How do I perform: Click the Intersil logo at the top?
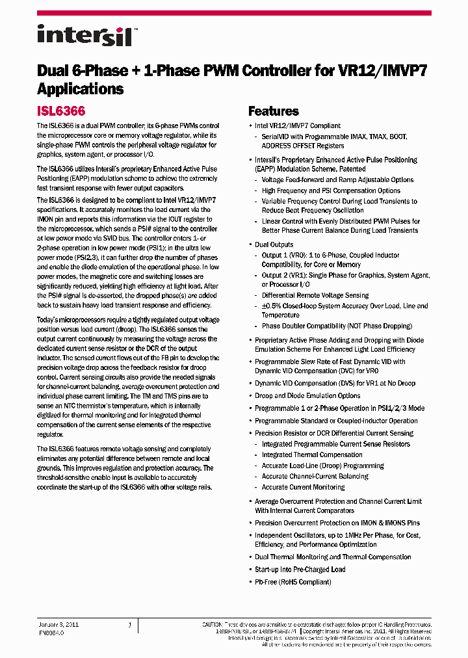point(84,35)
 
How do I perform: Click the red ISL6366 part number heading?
point(61,111)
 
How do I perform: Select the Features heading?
point(273,111)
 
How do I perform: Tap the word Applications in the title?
point(80,89)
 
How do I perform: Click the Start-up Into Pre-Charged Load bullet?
point(300,569)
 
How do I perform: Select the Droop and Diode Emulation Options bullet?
point(307,395)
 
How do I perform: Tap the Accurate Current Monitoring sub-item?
point(303,487)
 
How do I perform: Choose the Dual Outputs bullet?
point(274,244)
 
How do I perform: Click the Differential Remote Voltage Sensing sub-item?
point(315,295)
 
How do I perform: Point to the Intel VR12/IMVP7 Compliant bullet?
point(297,125)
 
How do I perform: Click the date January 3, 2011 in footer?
point(59,624)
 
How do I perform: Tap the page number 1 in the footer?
point(130,624)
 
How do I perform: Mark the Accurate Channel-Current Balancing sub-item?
point(315,476)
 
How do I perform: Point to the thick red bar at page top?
point(234,13)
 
